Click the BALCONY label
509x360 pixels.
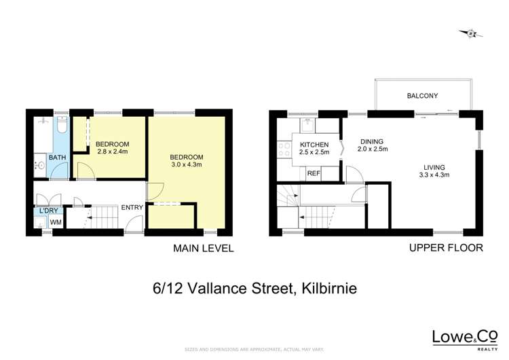click(x=422, y=96)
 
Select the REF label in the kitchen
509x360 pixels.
click(x=314, y=173)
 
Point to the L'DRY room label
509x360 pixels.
click(x=48, y=211)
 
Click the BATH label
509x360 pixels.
click(x=57, y=158)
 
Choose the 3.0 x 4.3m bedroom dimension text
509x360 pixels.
click(x=186, y=165)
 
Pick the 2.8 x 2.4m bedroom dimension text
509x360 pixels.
click(x=112, y=152)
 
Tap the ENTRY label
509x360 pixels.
click(x=132, y=208)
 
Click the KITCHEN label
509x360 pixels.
click(x=314, y=144)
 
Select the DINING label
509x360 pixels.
click(x=371, y=142)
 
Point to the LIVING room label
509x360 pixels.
click(x=434, y=166)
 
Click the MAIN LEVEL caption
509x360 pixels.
click(x=204, y=249)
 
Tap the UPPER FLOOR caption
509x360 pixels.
click(x=446, y=248)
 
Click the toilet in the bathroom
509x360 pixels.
click(x=62, y=126)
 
